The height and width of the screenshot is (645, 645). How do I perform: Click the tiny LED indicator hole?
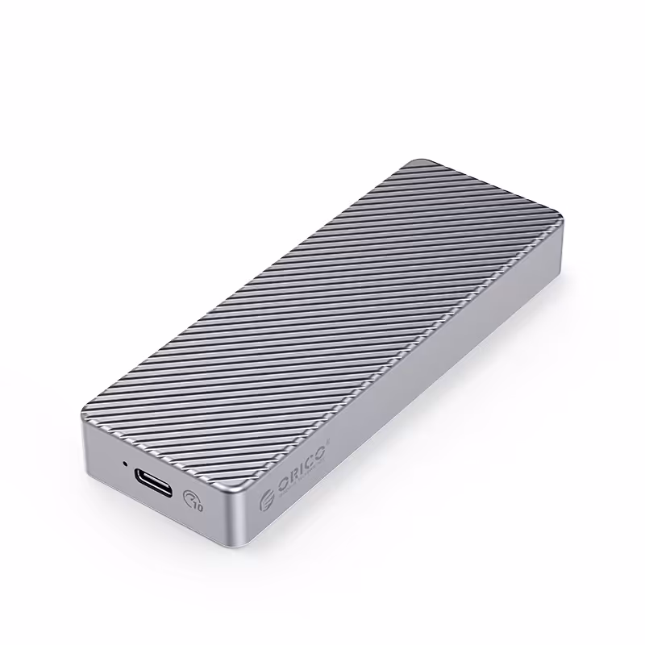[x=125, y=464]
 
